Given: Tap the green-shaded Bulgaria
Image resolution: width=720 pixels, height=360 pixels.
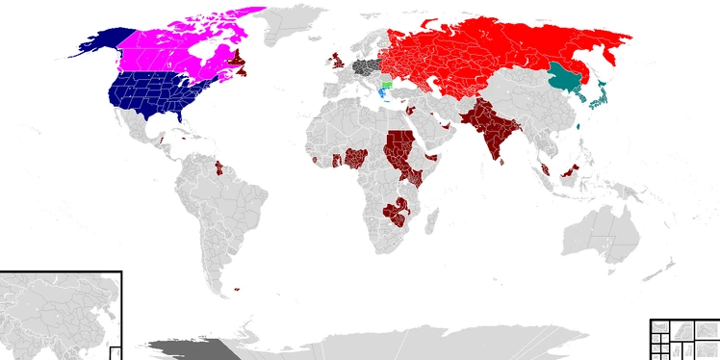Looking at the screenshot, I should coord(387,85).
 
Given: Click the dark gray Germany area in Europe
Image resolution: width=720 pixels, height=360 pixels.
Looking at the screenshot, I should coord(365,67).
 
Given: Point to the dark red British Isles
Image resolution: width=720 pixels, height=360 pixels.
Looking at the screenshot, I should coord(338,63).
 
